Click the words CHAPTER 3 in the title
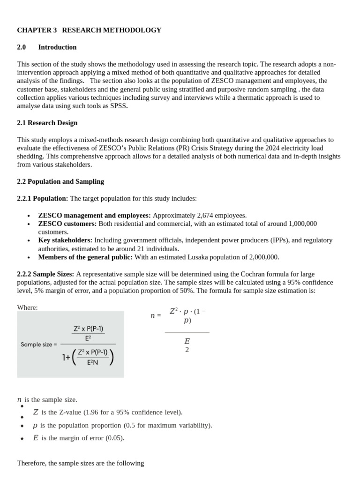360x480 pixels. pyautogui.click(x=37, y=30)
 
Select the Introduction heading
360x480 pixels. pyautogui.click(x=57, y=47)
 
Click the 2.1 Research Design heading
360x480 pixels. pyautogui.click(x=47, y=123)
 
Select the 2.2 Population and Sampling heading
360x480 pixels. pyautogui.click(x=60, y=181)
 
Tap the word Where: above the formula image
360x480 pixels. pyautogui.click(x=27, y=307)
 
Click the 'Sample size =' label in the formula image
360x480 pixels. pyautogui.click(x=38, y=344)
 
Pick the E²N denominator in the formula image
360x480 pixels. pyautogui.click(x=93, y=362)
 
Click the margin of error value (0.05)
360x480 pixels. pyautogui.click(x=115, y=438)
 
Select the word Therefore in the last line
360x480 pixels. pyautogui.click(x=32, y=463)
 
